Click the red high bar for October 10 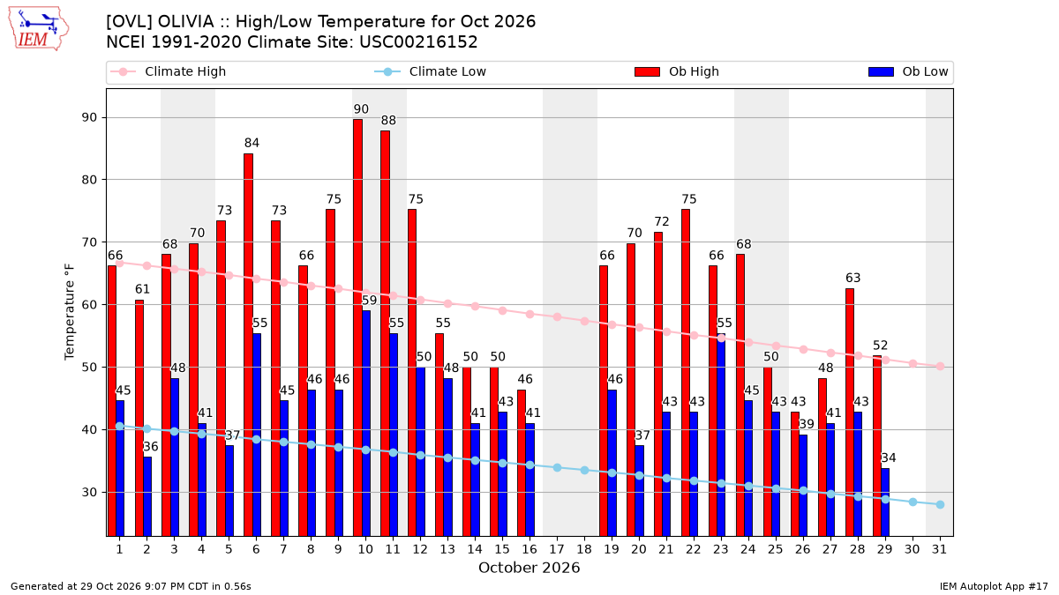[358, 328]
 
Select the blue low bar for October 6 [257, 435]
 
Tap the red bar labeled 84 [248, 345]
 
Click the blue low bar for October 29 [885, 502]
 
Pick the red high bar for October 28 [850, 413]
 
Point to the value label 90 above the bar [361, 109]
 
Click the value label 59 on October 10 [369, 301]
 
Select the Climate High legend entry [168, 71]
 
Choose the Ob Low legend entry [908, 71]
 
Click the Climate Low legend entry [431, 71]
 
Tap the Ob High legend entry [677, 71]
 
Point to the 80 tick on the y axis [89, 180]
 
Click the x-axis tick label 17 [557, 549]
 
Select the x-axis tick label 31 [939, 549]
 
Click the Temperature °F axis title [70, 312]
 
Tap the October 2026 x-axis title [529, 568]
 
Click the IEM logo [39, 29]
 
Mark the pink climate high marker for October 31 [940, 367]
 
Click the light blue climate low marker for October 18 [584, 471]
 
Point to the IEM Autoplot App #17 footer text [994, 586]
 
